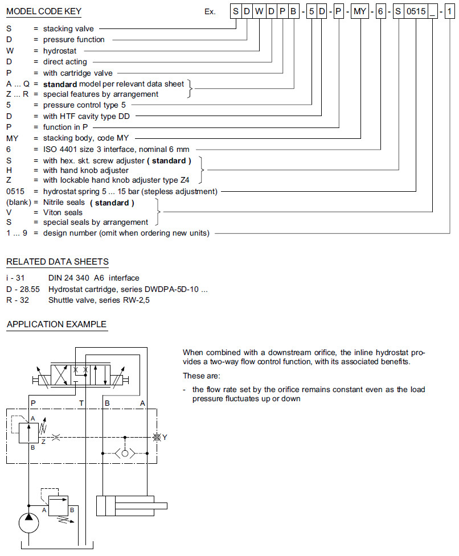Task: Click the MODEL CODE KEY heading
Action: click(x=44, y=11)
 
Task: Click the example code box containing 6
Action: click(x=382, y=11)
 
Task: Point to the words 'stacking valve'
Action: click(x=68, y=28)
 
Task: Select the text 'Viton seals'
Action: click(x=63, y=212)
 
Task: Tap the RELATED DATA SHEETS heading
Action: click(x=57, y=262)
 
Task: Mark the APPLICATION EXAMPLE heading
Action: click(x=56, y=324)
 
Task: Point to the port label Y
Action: click(x=165, y=437)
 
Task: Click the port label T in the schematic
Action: click(x=81, y=403)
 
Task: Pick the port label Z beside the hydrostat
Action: click(x=43, y=440)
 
